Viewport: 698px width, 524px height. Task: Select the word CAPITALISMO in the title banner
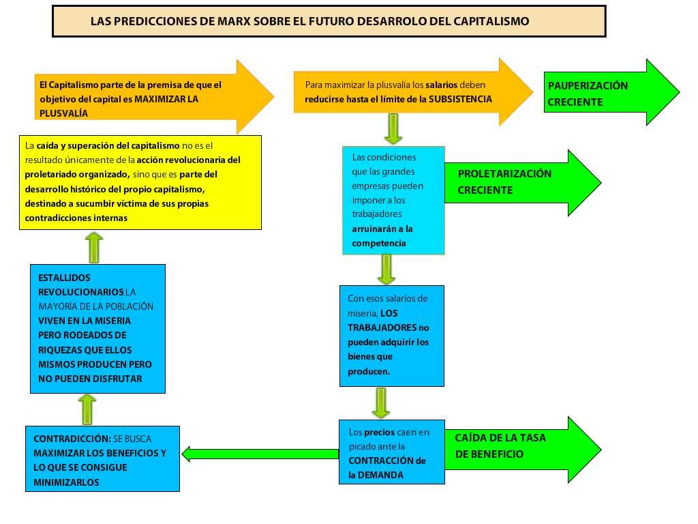coord(491,21)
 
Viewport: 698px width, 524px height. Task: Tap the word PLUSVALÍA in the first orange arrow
coord(63,113)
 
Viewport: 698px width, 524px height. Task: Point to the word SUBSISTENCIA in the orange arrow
coord(460,99)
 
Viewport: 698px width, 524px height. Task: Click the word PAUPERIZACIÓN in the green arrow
coord(588,85)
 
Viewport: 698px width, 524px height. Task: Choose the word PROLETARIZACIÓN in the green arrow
coord(504,173)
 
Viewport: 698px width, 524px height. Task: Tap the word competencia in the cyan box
coord(379,244)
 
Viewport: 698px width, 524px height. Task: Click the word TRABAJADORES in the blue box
coord(382,328)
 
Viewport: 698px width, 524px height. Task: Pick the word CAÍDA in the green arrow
coord(472,437)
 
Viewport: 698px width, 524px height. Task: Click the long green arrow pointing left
coord(260,454)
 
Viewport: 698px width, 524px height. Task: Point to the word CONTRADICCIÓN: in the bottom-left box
coord(72,439)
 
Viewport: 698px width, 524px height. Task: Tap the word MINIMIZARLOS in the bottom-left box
coord(66,482)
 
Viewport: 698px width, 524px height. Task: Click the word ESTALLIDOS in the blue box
coord(64,278)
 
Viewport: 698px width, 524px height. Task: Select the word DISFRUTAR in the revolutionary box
coord(117,379)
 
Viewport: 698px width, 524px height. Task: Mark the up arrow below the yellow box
coord(94,247)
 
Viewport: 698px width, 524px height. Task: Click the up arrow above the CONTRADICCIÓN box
coord(87,409)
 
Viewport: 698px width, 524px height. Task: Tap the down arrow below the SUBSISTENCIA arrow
coord(393,129)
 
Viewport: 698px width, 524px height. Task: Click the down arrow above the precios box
coord(381,403)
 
